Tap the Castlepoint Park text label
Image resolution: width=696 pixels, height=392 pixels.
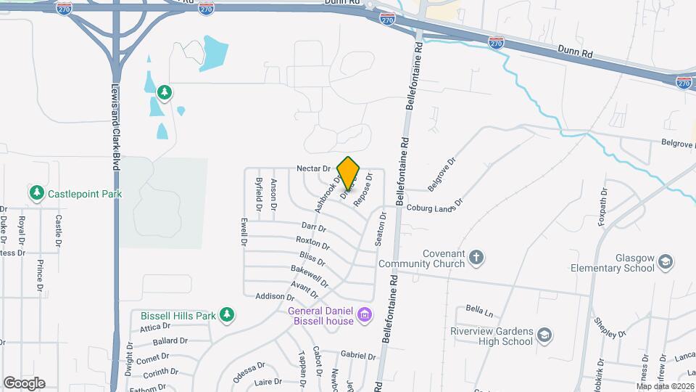[x=84, y=194]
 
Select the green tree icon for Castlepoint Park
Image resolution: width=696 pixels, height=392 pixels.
[x=36, y=193]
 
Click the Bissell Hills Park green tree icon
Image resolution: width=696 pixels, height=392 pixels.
[x=228, y=314]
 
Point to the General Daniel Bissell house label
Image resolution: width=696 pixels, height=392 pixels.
[x=320, y=317]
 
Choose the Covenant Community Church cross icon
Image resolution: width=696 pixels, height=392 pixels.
[x=476, y=257]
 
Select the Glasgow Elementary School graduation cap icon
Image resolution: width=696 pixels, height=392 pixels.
[x=666, y=261]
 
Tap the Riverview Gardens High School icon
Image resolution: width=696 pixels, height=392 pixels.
[x=544, y=335]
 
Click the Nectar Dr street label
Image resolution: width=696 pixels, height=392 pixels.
[x=313, y=168]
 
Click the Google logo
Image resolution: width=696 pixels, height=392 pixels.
[x=24, y=383]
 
